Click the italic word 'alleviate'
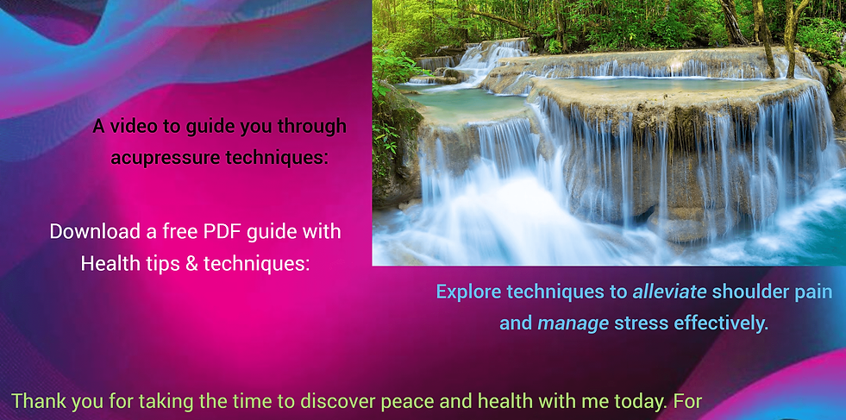669,291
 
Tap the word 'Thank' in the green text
37,400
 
